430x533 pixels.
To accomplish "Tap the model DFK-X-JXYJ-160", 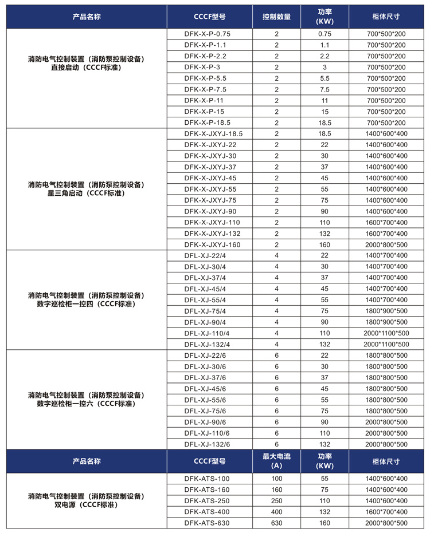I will [212, 244].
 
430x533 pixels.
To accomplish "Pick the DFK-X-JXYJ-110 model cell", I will [212, 222].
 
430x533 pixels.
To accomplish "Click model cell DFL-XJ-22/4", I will [205, 255].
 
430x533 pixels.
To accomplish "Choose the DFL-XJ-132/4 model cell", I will [207, 344].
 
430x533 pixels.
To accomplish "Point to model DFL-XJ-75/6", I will [205, 410].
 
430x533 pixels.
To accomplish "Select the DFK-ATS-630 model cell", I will [207, 523].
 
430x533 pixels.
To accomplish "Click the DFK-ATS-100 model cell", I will [207, 478].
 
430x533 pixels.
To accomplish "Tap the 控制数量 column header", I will [276, 17].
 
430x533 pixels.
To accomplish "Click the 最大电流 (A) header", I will [276, 461].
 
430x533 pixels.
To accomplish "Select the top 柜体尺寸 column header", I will [386, 17].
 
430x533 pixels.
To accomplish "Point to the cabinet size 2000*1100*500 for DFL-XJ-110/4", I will [386, 333].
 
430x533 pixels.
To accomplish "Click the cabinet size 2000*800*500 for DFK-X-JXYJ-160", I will [386, 244].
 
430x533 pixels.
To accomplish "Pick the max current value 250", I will [276, 500].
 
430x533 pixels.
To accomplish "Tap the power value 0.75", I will [325, 34].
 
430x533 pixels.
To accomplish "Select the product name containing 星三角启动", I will [87, 189].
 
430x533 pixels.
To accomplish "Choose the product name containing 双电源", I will [87, 500].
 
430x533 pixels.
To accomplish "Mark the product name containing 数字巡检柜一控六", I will [87, 400].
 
